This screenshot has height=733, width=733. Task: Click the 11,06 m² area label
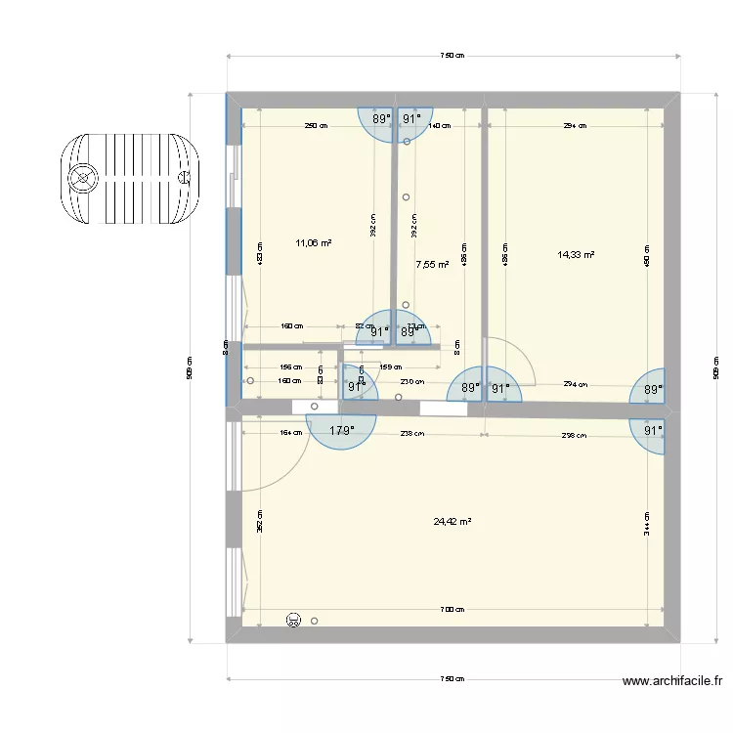pyautogui.click(x=313, y=243)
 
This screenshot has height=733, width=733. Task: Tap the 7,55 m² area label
pyautogui.click(x=432, y=264)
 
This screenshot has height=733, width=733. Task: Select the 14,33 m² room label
pyautogui.click(x=576, y=255)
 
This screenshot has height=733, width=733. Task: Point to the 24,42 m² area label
pyautogui.click(x=453, y=522)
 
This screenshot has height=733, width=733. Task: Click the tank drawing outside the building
pyautogui.click(x=130, y=178)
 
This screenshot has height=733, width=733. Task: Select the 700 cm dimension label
pyautogui.click(x=452, y=610)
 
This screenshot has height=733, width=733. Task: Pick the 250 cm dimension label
pyautogui.click(x=316, y=126)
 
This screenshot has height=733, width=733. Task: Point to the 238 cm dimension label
pyautogui.click(x=411, y=434)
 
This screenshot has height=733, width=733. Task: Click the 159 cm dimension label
pyautogui.click(x=390, y=367)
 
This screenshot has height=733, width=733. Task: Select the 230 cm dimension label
pyautogui.click(x=411, y=382)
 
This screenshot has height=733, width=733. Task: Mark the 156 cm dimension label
pyautogui.click(x=291, y=367)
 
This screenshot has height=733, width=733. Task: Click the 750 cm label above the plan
pyautogui.click(x=452, y=57)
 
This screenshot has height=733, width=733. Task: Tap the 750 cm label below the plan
pyautogui.click(x=452, y=678)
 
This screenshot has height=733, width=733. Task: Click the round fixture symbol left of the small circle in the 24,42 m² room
pyautogui.click(x=292, y=620)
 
